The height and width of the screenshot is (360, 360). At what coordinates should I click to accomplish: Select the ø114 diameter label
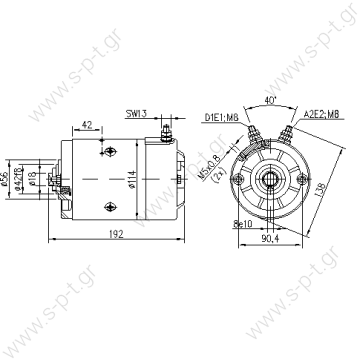[x=131, y=184]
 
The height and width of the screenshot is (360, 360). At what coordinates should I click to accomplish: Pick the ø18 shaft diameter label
[x=32, y=183]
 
